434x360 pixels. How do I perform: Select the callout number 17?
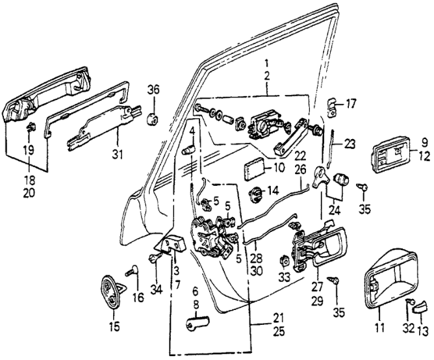pos(351,103)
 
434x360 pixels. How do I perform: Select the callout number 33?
pos(283,277)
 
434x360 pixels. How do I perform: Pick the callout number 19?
pos(28,151)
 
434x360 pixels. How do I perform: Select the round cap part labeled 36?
pos(153,118)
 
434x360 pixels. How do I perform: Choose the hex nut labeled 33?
pos(284,261)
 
